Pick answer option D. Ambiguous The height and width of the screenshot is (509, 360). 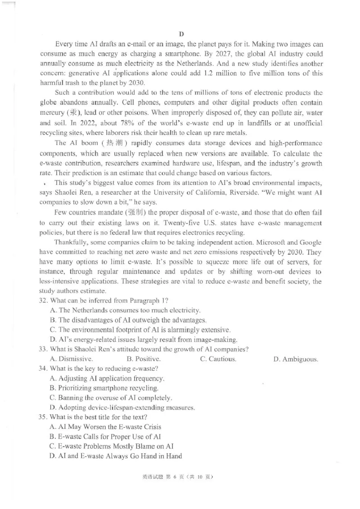pyautogui.click(x=296, y=359)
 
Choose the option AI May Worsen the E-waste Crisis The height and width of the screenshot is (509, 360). pyautogui.click(x=106, y=427)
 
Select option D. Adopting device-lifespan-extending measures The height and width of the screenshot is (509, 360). pyautogui.click(x=122, y=408)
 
